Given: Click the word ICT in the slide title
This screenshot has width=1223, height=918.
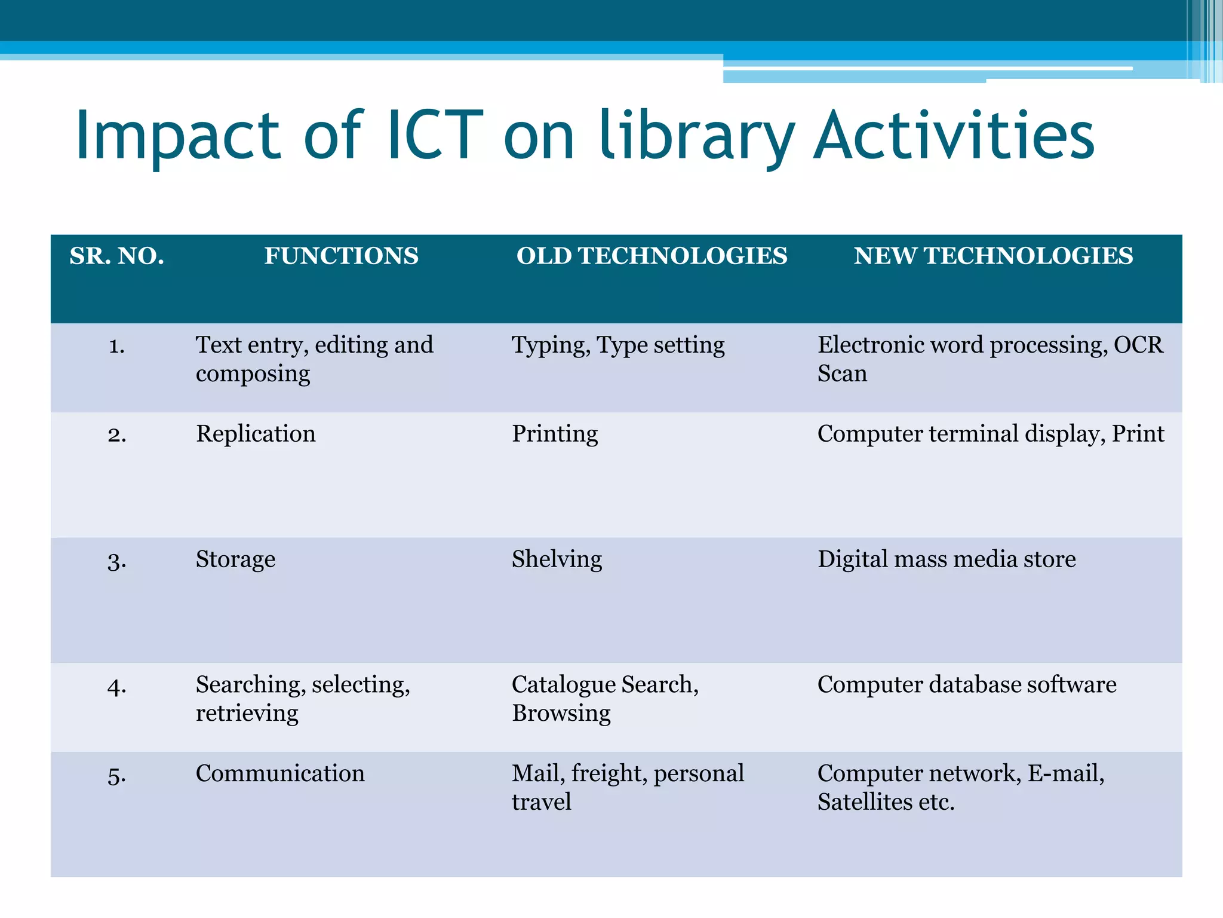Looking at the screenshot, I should tap(435, 136).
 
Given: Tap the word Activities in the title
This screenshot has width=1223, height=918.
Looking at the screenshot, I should tap(954, 136).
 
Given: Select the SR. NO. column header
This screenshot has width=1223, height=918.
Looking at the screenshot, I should tap(117, 256).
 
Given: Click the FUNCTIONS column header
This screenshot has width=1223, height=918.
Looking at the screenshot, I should tap(341, 256).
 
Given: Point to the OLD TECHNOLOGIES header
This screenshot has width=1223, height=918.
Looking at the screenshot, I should tap(652, 256).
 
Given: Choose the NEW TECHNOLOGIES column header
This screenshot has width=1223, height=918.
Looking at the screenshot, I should tap(993, 256).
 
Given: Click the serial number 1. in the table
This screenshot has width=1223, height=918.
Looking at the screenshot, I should tap(117, 345).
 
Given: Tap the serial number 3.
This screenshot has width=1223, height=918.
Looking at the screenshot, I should tap(117, 561).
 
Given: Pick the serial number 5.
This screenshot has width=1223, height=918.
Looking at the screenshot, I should tap(117, 775).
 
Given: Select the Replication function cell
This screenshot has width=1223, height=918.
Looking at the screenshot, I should tap(256, 434).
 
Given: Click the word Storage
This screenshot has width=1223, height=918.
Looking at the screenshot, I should tap(235, 559).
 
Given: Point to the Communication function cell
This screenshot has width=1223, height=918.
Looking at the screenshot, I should tap(280, 773).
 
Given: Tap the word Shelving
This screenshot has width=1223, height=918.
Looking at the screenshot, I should tap(557, 559).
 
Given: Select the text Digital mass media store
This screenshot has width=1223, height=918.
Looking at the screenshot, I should tap(947, 559).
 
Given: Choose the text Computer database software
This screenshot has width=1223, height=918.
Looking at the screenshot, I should tap(967, 685).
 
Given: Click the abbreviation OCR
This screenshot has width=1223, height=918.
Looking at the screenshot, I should tap(1138, 345).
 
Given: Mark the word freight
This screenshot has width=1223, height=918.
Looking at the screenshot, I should tap(609, 774).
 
